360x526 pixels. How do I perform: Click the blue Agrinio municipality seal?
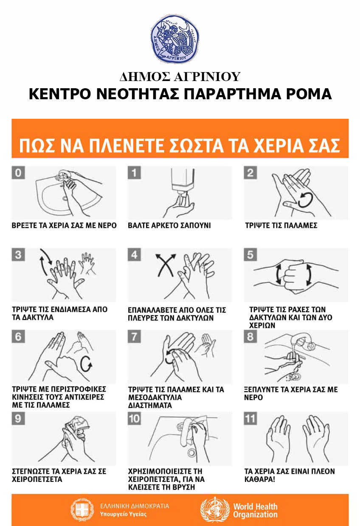174,39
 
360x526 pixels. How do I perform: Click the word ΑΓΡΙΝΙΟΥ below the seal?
207,77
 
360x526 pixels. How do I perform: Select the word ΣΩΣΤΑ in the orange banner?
196,145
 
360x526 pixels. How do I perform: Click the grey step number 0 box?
18,173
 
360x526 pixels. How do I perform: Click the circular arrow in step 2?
305,200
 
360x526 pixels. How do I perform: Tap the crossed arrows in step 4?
166,264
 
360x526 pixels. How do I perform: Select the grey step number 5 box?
250,255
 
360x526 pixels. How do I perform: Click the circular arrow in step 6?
86,364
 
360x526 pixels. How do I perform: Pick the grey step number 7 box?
134,336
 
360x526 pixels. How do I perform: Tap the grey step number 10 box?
134,418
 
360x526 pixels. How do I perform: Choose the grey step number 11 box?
250,418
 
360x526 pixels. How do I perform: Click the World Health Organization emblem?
215,509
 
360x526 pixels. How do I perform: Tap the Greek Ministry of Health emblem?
82,509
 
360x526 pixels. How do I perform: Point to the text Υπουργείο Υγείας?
123,514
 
